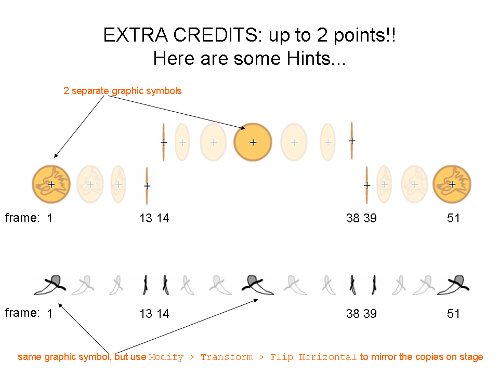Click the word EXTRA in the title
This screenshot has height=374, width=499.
tap(136, 35)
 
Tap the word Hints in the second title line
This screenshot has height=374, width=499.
tap(309, 59)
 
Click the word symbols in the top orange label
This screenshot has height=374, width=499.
tap(164, 90)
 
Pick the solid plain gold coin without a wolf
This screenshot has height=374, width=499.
tap(253, 142)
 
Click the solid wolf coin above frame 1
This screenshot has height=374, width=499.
tap(51, 184)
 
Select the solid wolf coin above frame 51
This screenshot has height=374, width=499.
tap(452, 184)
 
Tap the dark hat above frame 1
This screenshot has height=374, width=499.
tap(50, 285)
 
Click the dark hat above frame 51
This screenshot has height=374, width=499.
tap(453, 285)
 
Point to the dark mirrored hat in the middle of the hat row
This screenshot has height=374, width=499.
tap(257, 285)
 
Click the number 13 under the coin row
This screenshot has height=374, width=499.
tap(146, 218)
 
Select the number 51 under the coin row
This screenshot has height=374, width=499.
tap(453, 218)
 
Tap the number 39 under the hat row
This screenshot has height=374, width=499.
tap(370, 314)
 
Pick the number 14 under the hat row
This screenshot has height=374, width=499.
tap(163, 314)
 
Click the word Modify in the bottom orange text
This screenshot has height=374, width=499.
tap(166, 357)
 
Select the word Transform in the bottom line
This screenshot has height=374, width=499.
tap(227, 357)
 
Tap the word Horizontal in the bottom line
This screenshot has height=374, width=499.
tap(327, 357)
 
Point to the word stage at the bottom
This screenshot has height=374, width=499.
tap(471, 357)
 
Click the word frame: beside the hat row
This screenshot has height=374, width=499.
tap(22, 313)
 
